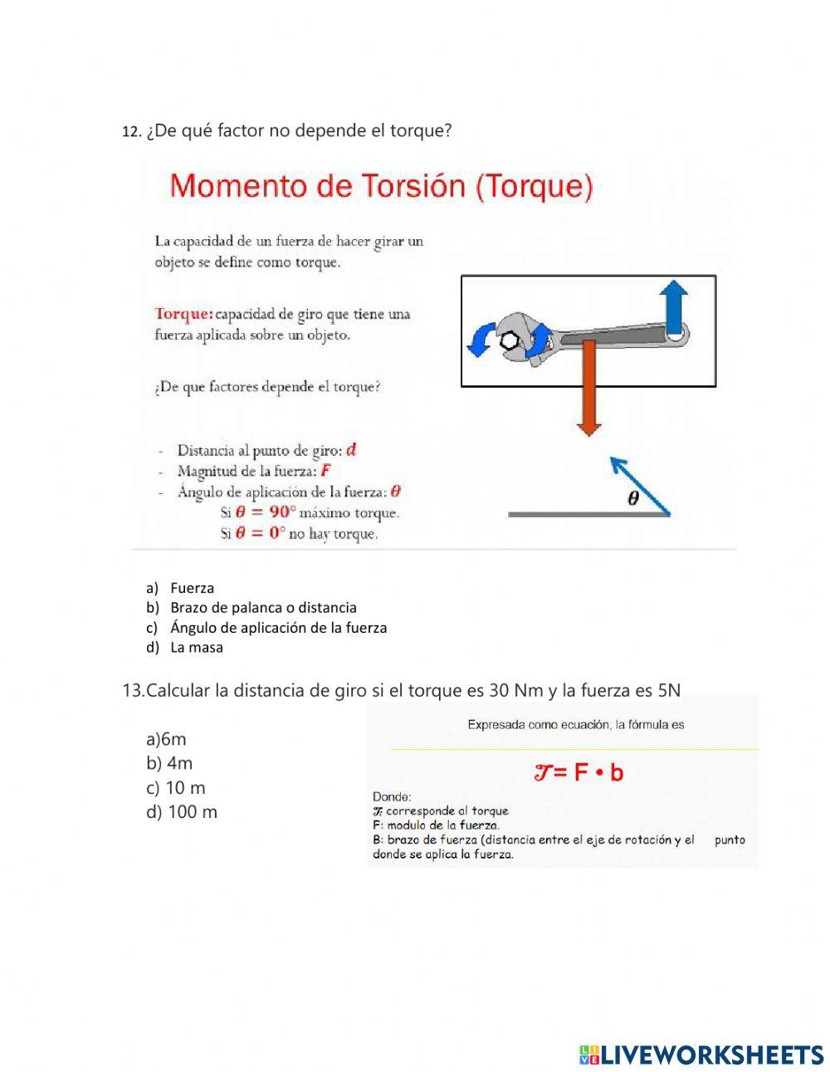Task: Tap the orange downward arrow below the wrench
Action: pyautogui.click(x=588, y=386)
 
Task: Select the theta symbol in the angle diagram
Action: pyautogui.click(x=633, y=499)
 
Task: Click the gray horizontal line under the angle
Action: pyautogui.click(x=588, y=515)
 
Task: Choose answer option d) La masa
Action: pyautogui.click(x=196, y=648)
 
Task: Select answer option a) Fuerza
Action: pyautogui.click(x=192, y=588)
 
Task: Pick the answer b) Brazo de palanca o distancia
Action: pyautogui.click(x=262, y=608)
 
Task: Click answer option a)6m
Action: pyautogui.click(x=166, y=739)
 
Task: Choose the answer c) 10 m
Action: pyautogui.click(x=175, y=788)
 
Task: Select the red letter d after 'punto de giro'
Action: pyautogui.click(x=351, y=450)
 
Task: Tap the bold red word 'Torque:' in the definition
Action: pyautogui.click(x=184, y=314)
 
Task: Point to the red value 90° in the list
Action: pyautogui.click(x=271, y=512)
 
